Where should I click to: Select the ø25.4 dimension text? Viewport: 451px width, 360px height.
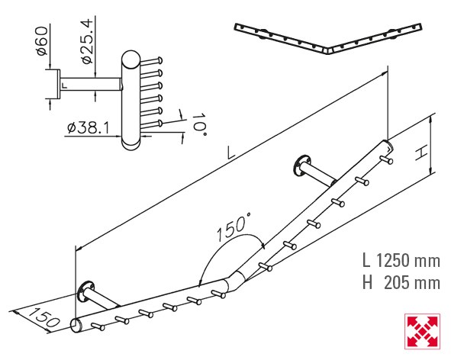tap(86, 41)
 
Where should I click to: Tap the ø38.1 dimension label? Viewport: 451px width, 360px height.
tap(88, 127)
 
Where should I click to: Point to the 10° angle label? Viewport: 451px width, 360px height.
tap(199, 125)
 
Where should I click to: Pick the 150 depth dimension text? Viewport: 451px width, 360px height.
tap(44, 317)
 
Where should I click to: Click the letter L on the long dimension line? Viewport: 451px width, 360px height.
tap(230, 153)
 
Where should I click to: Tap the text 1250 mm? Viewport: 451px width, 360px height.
tap(408, 261)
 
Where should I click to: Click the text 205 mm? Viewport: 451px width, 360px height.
tap(412, 283)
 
